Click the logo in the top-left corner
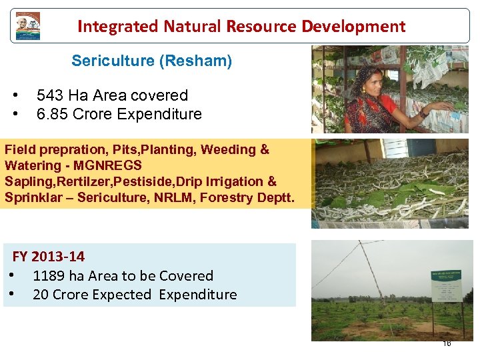pos(28,26)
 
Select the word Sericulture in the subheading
pos(113,61)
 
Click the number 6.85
pos(53,114)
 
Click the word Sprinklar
pos(36,197)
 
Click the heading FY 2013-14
pos(49,257)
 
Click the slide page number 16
pos(447,343)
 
